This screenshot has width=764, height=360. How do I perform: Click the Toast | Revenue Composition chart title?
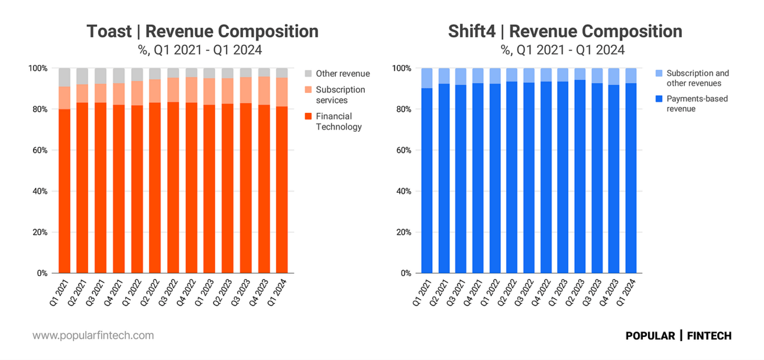coord(202,31)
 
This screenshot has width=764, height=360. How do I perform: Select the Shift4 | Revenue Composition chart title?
coord(565,31)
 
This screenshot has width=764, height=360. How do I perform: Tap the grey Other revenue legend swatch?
coord(307,74)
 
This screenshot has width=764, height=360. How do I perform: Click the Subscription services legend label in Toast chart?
coord(340,95)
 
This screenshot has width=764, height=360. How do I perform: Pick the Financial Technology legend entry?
coord(338,121)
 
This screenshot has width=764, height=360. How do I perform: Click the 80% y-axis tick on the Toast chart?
coord(38,109)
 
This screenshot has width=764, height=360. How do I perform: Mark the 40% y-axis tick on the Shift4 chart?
coord(402,192)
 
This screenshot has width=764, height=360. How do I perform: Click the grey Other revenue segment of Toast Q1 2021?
coord(64,77)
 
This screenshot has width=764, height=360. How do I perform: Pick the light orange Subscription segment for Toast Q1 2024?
coord(282,92)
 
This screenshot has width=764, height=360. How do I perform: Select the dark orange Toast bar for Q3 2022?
coord(173,189)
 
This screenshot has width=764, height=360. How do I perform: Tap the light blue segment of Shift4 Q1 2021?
coord(426,78)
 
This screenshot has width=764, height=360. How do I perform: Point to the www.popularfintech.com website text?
coord(93,336)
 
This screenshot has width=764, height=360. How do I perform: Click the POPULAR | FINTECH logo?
coord(678,336)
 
